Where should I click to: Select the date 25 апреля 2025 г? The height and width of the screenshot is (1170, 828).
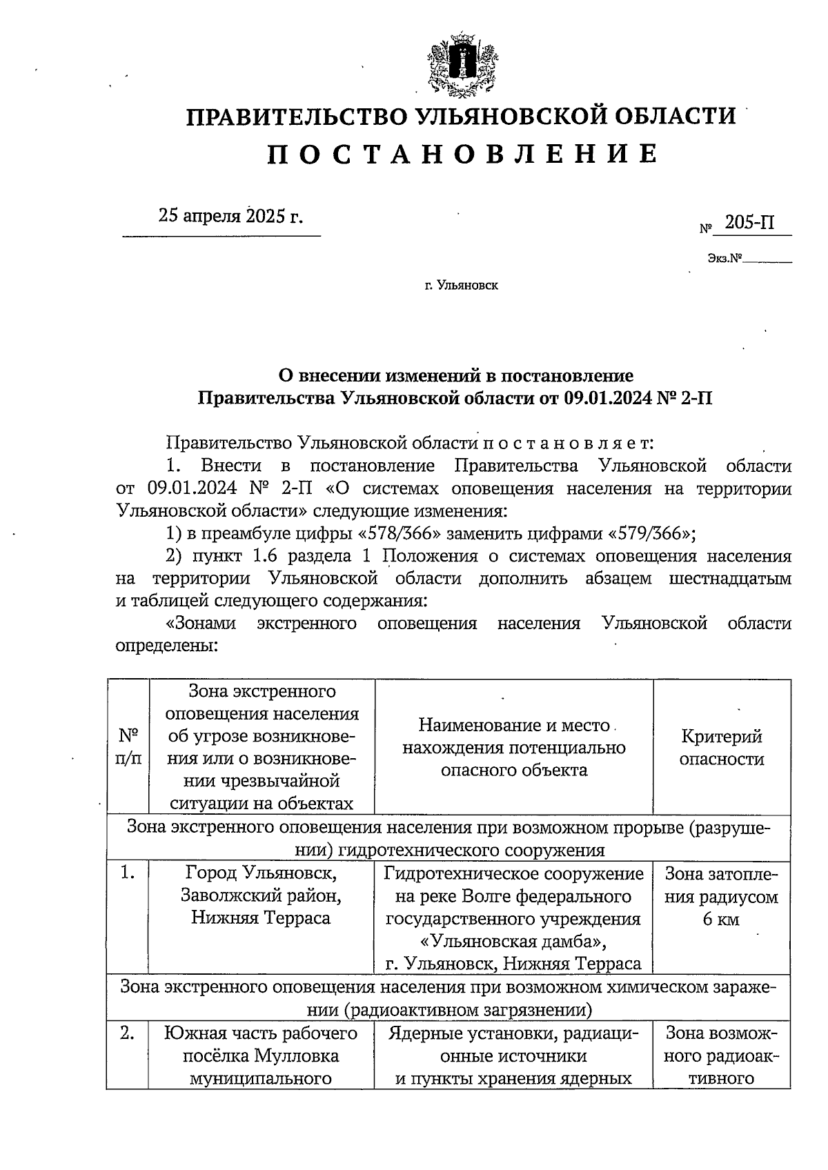pos(230,216)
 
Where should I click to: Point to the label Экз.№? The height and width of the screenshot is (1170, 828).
pos(724,259)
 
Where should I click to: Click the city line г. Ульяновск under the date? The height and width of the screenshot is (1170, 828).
pos(461,285)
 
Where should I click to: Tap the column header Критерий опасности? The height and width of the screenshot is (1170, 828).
pos(722,747)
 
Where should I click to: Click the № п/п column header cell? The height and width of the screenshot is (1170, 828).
pos(128,747)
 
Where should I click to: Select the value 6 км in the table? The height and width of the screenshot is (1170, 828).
pos(722,919)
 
